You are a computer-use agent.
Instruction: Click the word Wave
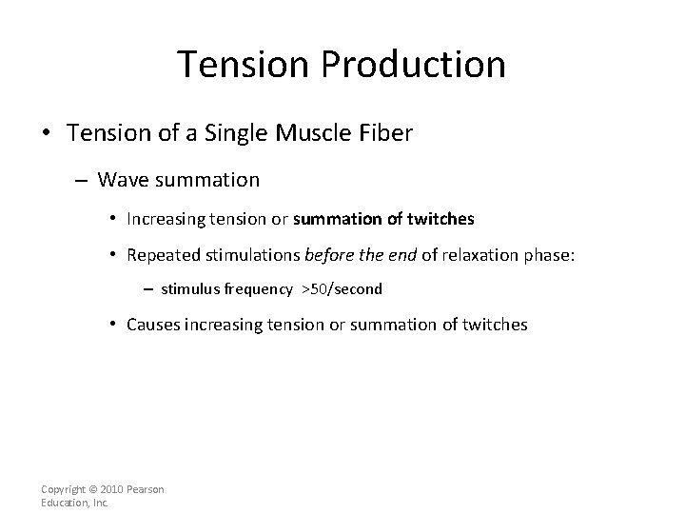119,179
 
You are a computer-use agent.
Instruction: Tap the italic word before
325,254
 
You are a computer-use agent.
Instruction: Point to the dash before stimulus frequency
149,287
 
